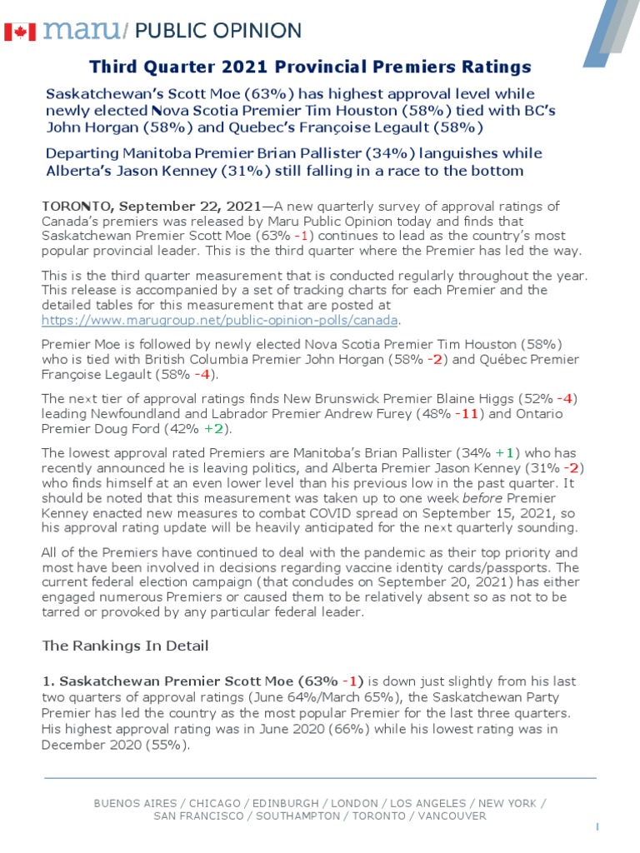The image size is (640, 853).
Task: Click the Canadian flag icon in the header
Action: tap(19, 32)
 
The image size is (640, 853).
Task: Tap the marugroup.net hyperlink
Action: tap(220, 320)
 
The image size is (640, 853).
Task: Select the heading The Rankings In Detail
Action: tap(125, 646)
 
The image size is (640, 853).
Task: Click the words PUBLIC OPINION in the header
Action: tap(217, 32)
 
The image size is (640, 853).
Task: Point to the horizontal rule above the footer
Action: tap(320, 778)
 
